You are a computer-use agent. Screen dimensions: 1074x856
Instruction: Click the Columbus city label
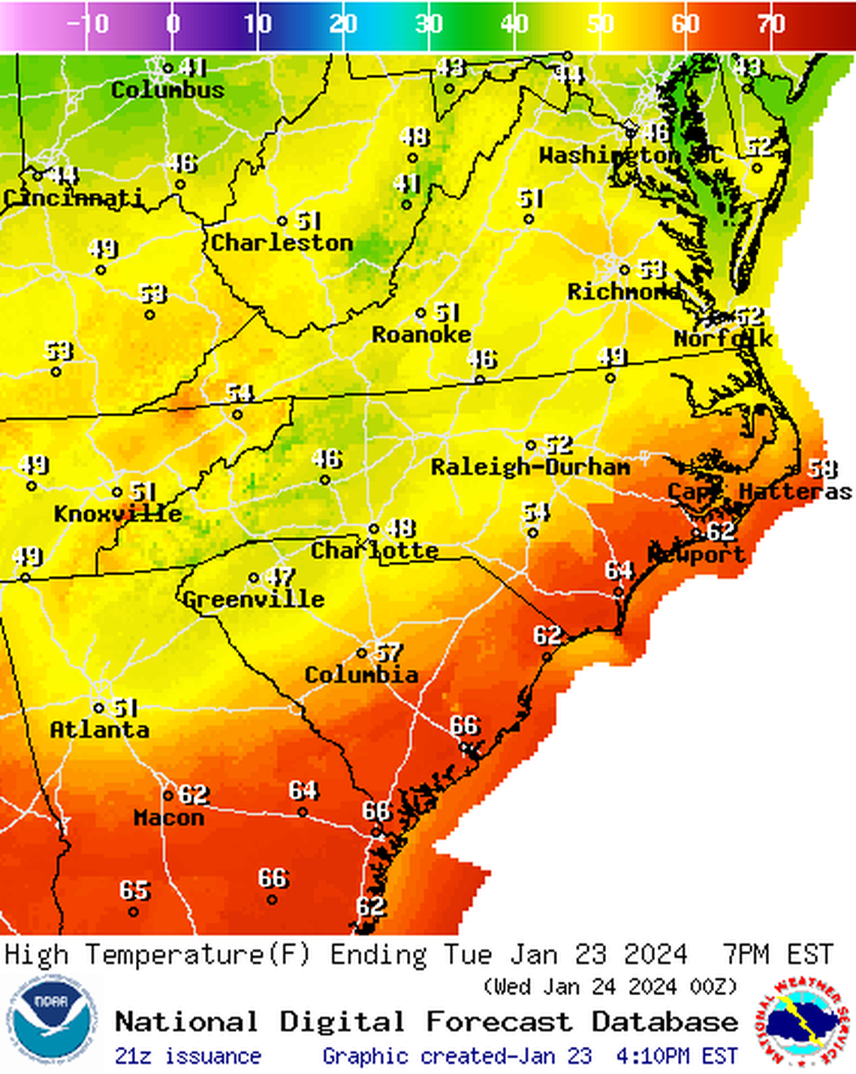[167, 90]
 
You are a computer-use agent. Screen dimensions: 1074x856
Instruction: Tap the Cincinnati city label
[73, 198]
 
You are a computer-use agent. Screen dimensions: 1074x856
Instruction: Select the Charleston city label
[282, 243]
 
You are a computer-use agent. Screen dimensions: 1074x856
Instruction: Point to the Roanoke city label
[421, 334]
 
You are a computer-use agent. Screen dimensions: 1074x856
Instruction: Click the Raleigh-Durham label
[530, 467]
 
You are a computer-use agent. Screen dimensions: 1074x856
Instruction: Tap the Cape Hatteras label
[759, 492]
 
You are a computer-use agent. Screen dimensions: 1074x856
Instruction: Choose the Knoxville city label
[118, 514]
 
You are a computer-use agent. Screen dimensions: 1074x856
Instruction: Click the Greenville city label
[254, 599]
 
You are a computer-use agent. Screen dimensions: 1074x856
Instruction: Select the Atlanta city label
[99, 729]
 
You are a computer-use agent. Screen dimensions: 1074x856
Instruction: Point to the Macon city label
[169, 817]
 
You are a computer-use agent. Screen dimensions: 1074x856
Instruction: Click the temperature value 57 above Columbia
[389, 653]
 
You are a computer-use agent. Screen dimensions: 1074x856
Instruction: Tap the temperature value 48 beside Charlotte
[400, 528]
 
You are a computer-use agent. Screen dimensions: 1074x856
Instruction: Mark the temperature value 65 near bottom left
[135, 891]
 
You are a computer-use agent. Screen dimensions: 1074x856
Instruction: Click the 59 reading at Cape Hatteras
[822, 469]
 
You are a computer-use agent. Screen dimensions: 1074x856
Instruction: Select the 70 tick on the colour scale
[771, 24]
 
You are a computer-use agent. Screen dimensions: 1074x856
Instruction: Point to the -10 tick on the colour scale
[88, 24]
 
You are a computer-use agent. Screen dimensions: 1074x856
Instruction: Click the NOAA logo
[52, 1021]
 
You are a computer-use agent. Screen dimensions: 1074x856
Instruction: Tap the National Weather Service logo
[800, 1021]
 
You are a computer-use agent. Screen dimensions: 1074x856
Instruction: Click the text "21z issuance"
[188, 1056]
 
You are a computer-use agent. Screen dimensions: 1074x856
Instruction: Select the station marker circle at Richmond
[624, 270]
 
